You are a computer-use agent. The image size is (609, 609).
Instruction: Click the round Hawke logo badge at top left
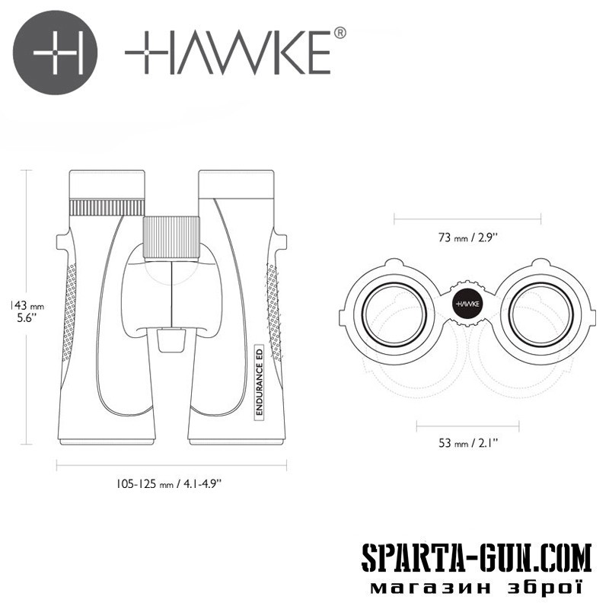click(55, 53)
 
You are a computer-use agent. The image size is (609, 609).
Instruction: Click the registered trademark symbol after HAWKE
click(340, 33)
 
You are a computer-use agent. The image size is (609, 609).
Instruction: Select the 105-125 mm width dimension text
click(169, 483)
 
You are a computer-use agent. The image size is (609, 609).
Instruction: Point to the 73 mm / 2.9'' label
click(467, 238)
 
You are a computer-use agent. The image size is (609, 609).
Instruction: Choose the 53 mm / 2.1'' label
click(468, 442)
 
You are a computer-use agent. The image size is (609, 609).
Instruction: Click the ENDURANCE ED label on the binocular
click(260, 382)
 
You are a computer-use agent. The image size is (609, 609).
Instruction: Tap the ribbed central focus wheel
click(171, 238)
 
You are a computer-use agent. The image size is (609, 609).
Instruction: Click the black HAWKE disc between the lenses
click(467, 304)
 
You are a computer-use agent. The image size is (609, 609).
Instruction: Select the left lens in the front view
click(394, 314)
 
